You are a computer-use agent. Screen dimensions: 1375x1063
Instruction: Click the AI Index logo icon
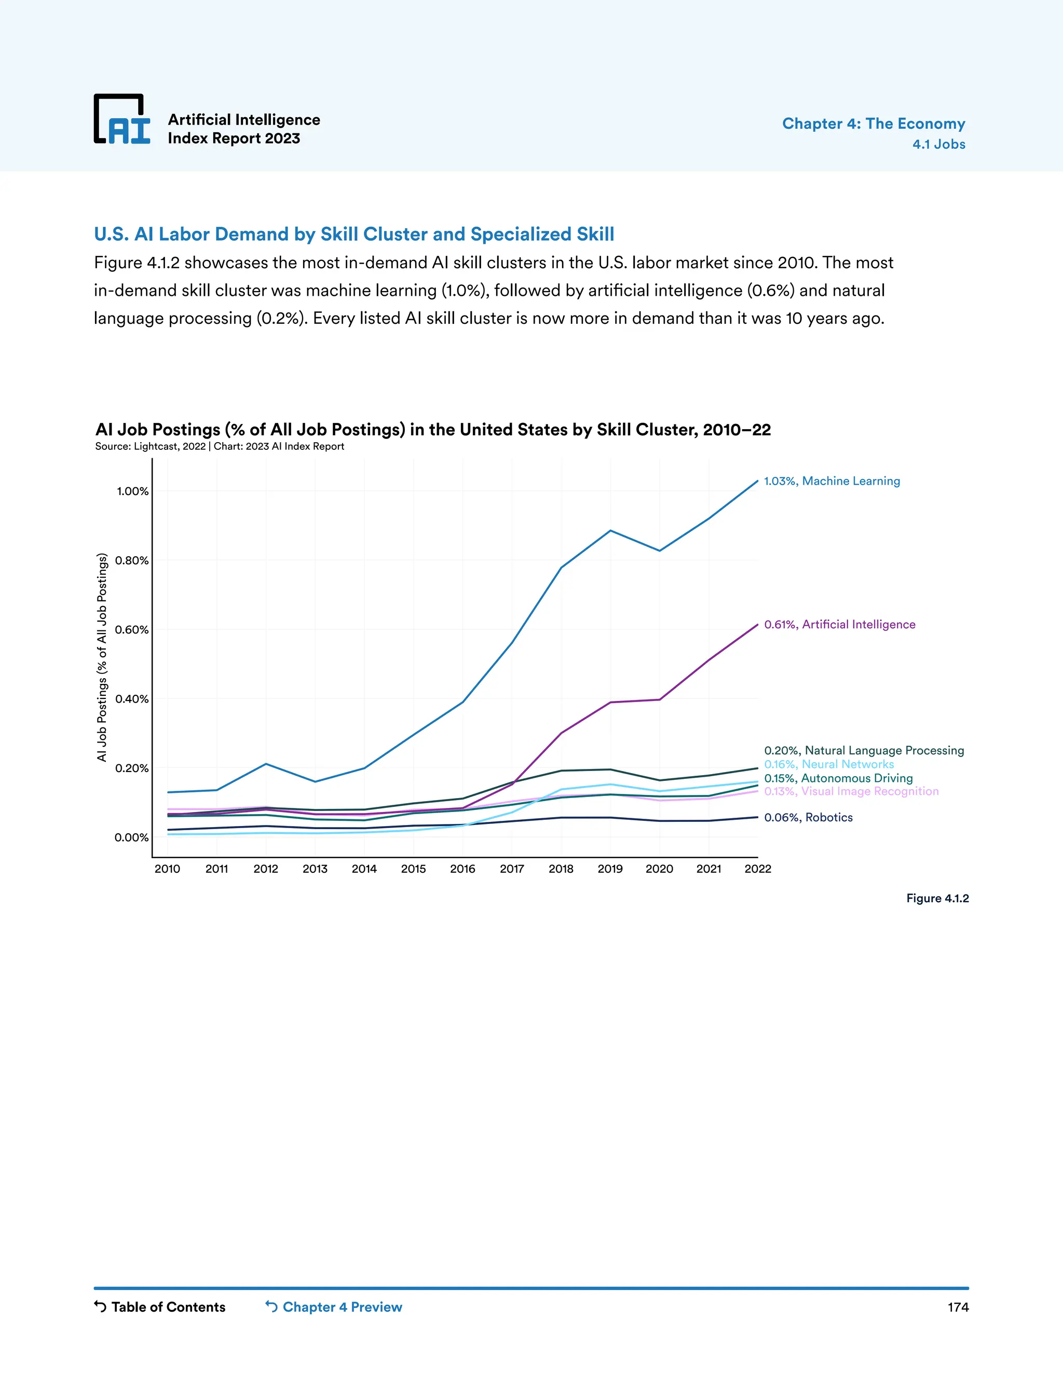pos(122,119)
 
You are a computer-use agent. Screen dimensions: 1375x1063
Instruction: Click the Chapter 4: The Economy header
pos(873,123)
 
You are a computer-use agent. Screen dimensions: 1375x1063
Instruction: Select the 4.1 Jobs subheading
pos(938,144)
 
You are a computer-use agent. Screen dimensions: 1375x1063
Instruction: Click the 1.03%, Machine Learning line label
pos(832,481)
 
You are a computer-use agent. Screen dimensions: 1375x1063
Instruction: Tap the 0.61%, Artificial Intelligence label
pos(839,625)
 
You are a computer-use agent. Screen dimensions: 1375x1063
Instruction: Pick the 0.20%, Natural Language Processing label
pos(863,750)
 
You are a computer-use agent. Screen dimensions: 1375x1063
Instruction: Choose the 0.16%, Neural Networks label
pos(829,764)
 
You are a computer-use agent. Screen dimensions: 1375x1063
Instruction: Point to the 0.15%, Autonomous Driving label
pos(838,778)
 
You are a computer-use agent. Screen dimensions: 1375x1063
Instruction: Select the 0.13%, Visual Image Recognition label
pos(851,791)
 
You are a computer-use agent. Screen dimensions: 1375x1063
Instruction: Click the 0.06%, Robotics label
pos(808,817)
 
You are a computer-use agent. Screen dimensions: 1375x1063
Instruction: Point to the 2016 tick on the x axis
pos(462,869)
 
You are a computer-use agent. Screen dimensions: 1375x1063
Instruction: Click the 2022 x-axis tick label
pos(758,869)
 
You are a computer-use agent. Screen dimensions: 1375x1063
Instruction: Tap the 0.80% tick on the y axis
pos(132,560)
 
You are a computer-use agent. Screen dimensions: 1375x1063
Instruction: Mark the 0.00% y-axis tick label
pos(132,837)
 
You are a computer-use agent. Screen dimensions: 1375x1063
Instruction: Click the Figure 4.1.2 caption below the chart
pos(937,898)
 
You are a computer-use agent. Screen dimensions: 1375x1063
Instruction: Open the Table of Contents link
pos(160,1307)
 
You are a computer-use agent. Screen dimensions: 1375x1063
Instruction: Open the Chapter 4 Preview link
pos(334,1307)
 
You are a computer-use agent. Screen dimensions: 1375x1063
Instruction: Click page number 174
pos(958,1307)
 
